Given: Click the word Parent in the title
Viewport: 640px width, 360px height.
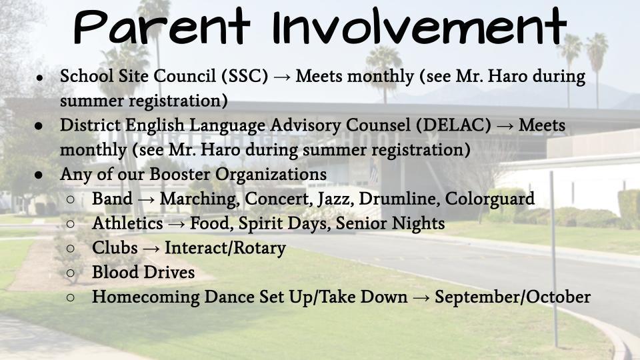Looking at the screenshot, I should point(164,28).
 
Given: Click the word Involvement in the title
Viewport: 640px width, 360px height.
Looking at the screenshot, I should point(419,28).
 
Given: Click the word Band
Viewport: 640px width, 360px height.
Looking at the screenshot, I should point(111,199).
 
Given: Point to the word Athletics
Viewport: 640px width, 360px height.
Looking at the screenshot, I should point(127,223).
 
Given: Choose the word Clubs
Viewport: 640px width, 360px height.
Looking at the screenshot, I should point(115,248).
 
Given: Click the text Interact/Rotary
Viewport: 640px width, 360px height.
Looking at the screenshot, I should point(225,248).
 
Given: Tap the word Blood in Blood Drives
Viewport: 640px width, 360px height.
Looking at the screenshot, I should point(113,273).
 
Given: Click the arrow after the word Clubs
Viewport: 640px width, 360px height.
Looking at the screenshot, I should point(151,249).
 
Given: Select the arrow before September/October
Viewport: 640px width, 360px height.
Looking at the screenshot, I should point(421,297).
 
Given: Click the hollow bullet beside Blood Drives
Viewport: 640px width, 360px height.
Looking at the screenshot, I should point(71,273).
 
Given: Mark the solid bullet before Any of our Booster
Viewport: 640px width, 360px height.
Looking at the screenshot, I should point(39,175).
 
